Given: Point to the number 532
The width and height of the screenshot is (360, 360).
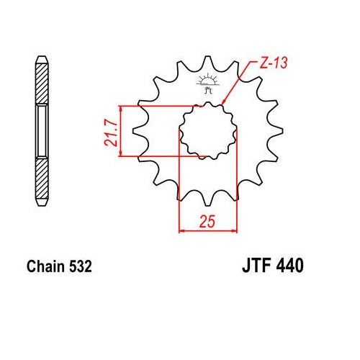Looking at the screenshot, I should (81, 266).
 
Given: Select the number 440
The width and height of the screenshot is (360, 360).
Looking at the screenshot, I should (289, 266).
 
